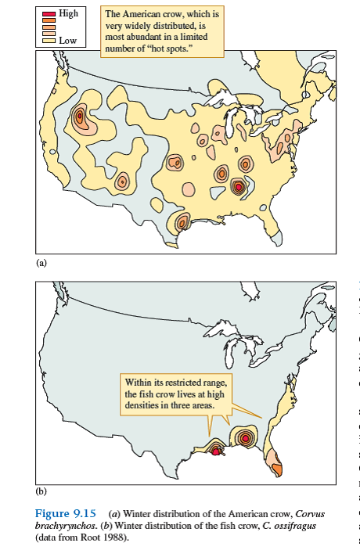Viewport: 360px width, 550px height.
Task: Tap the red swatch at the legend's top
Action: tap(49, 14)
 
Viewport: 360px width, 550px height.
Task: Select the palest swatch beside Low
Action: tap(49, 38)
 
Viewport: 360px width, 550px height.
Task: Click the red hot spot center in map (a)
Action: tap(238, 186)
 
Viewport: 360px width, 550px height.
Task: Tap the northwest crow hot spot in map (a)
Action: tap(79, 117)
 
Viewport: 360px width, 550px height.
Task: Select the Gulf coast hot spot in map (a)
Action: tap(182, 223)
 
